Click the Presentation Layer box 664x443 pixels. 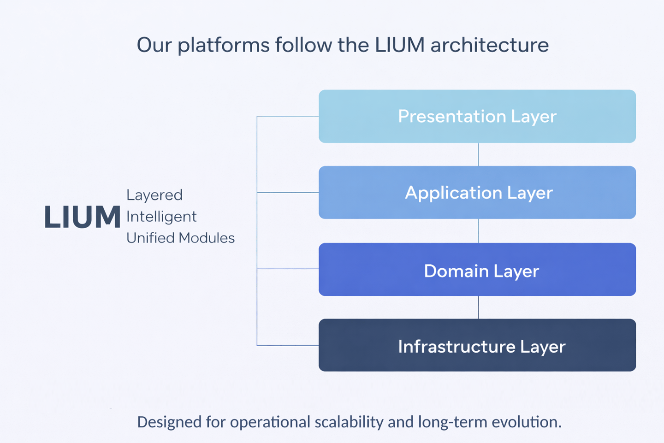(x=477, y=116)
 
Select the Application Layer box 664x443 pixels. (x=477, y=192)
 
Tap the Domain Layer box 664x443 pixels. (x=477, y=270)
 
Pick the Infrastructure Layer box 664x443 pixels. (x=477, y=345)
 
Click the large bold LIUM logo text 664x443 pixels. (x=82, y=217)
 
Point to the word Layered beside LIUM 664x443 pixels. (x=154, y=195)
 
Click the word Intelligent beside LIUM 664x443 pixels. (x=161, y=217)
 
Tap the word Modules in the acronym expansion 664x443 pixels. (x=207, y=238)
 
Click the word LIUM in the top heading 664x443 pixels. (x=399, y=45)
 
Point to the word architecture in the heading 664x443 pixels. (x=489, y=45)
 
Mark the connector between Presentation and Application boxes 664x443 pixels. (x=478, y=154)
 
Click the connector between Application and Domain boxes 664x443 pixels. (x=478, y=231)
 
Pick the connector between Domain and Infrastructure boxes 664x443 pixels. (x=478, y=307)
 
